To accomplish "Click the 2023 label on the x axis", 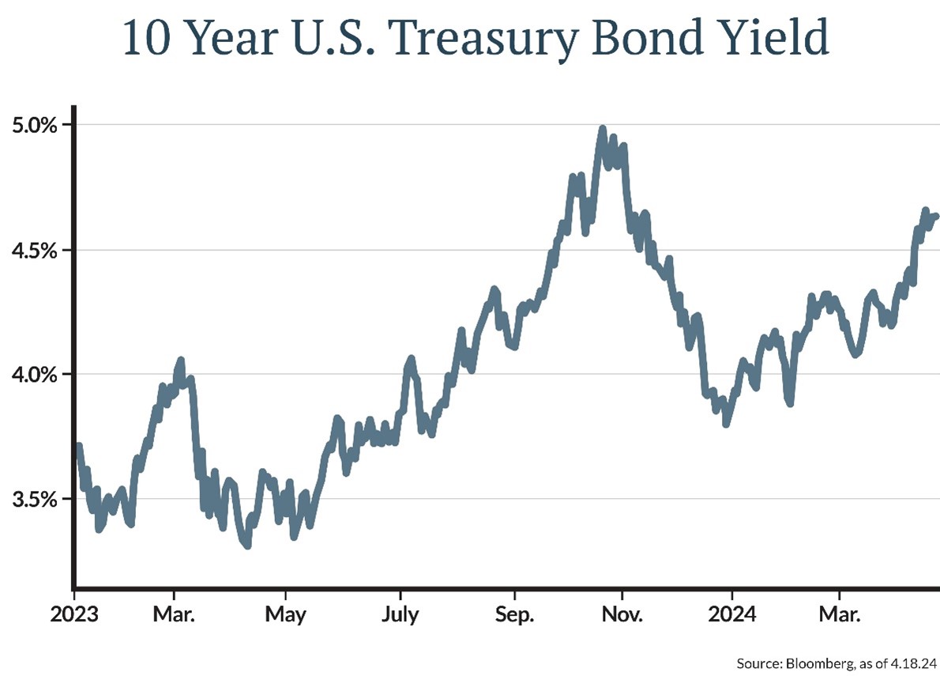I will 75,614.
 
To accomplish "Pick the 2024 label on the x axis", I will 731,614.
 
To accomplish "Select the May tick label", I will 286,614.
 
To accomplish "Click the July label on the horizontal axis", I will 400,614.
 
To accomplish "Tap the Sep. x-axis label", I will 514,614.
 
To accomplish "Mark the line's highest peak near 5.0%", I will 602,128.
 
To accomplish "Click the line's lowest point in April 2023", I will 247,545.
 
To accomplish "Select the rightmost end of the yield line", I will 935,216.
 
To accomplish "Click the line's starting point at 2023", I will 77,447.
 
